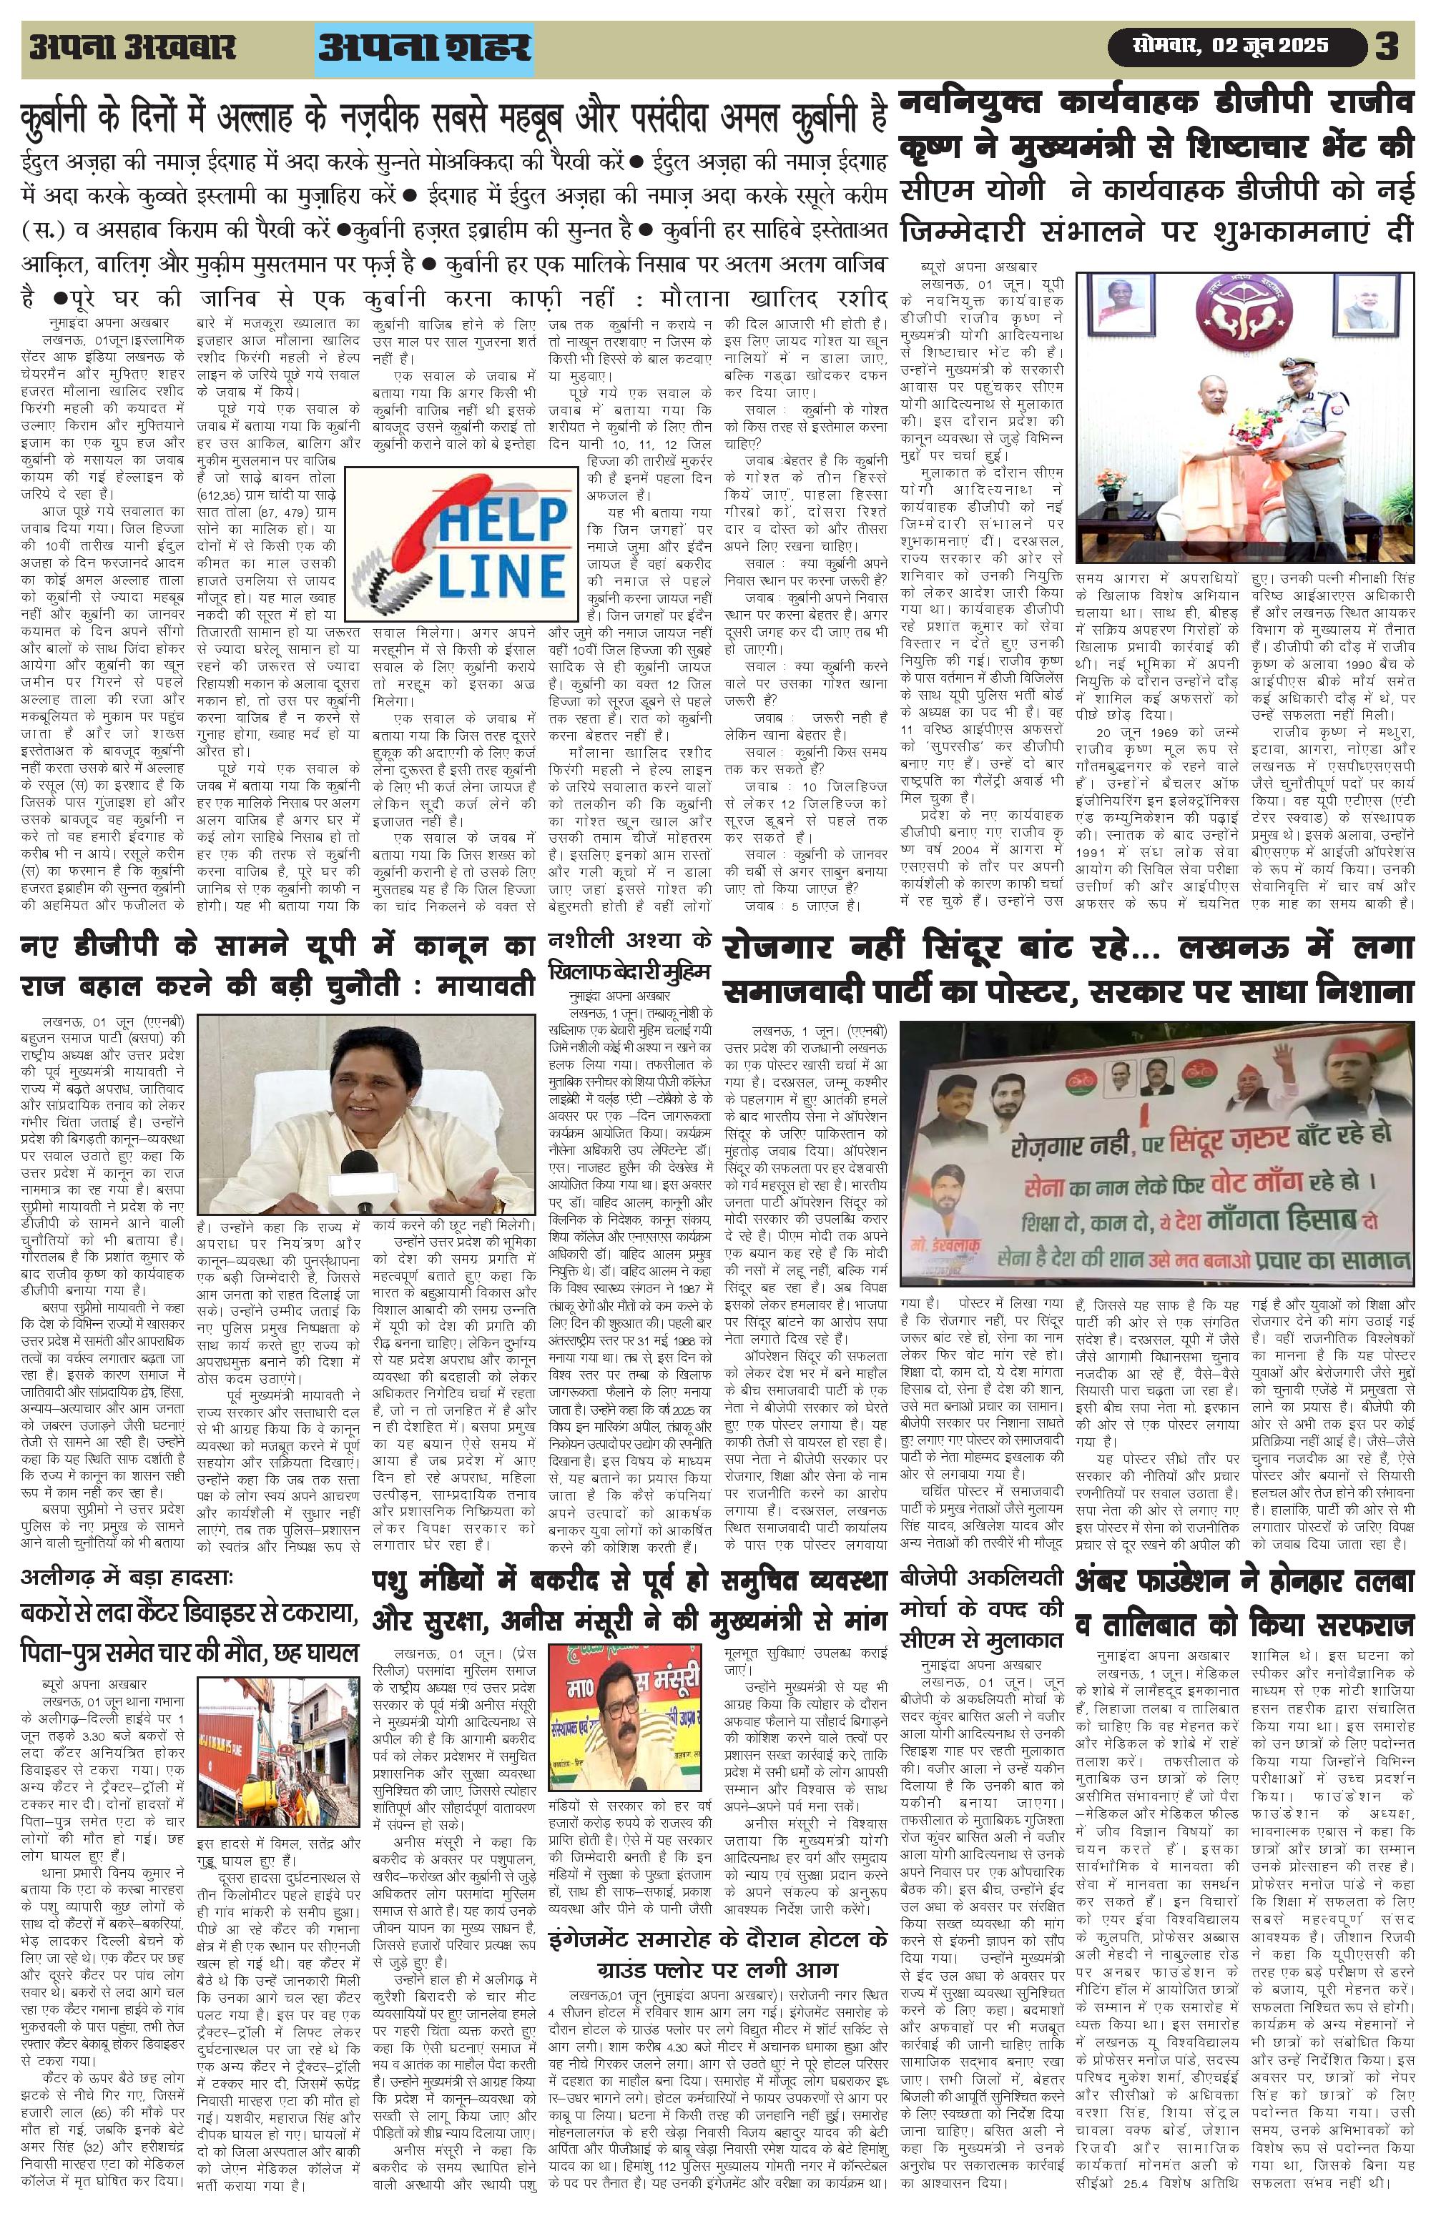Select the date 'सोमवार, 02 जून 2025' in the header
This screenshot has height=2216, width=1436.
pyautogui.click(x=1230, y=46)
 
